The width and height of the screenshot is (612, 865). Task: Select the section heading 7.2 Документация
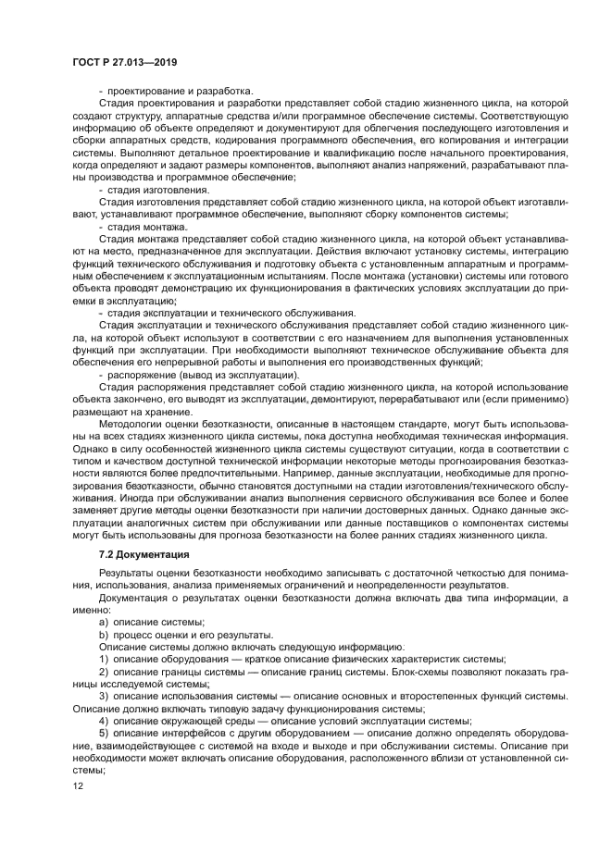coord(144,554)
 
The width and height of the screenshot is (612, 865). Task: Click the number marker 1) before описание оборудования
coord(104,659)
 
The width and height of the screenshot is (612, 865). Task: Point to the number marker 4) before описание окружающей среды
coord(104,721)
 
